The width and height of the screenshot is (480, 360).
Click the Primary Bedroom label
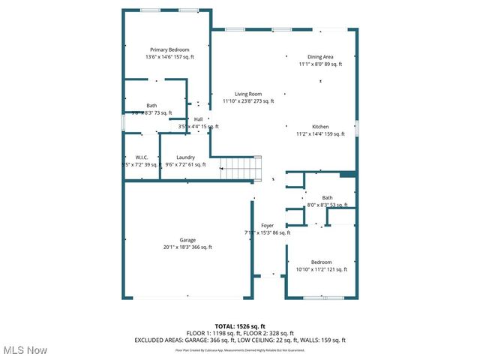click(x=169, y=49)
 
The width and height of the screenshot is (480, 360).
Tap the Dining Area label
click(x=321, y=57)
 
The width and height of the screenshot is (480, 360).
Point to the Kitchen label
click(x=320, y=127)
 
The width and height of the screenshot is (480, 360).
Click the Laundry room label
click(x=185, y=157)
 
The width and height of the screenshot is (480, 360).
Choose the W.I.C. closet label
click(x=141, y=157)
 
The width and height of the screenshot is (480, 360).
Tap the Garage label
click(x=187, y=240)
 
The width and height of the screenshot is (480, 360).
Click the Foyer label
click(x=267, y=225)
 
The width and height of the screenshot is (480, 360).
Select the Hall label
click(x=198, y=119)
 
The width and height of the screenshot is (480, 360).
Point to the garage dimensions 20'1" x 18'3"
click(x=187, y=247)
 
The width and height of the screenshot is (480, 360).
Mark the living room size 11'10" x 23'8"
click(x=247, y=101)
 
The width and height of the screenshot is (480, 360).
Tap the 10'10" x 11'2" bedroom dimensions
click(x=321, y=269)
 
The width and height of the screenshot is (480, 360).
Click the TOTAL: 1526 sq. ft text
click(x=240, y=326)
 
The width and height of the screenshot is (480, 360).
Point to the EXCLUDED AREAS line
click(x=240, y=340)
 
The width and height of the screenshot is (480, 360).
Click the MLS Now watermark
click(x=25, y=350)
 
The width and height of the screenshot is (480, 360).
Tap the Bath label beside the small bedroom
click(x=327, y=197)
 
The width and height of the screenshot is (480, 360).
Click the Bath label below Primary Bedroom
click(x=151, y=106)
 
